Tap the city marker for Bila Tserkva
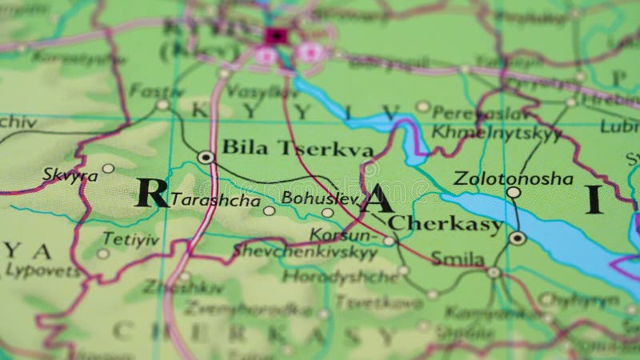tap(206, 158)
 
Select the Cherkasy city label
tap(446, 224)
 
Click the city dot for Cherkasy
tap(518, 238)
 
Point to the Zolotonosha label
tap(513, 178)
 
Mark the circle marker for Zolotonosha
tap(514, 193)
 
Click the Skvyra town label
tap(70, 174)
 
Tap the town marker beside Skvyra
tap(108, 168)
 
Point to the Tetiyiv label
tap(130, 239)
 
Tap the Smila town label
tap(458, 258)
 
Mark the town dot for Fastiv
tap(162, 105)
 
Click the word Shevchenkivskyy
tap(305, 250)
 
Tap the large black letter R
tap(152, 193)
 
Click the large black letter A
tap(376, 197)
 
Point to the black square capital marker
tap(276, 35)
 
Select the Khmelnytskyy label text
tap(497, 133)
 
